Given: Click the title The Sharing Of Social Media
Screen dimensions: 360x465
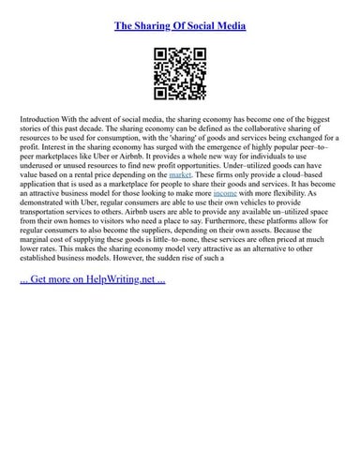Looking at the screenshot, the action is [180, 26].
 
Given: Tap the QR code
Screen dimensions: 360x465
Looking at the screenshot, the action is [180, 74].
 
